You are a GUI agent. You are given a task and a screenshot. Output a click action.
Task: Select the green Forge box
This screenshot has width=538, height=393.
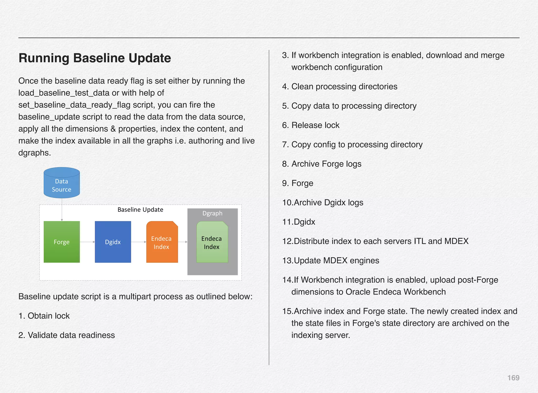click(62, 242)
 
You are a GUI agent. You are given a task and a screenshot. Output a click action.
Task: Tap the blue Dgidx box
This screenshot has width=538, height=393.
click(113, 242)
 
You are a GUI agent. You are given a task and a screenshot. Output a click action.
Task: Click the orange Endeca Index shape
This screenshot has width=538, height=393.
click(162, 242)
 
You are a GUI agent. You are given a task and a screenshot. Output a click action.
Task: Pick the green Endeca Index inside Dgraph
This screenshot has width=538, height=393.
click(212, 242)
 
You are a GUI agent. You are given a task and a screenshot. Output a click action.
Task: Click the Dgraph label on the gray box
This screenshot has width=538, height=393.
click(212, 213)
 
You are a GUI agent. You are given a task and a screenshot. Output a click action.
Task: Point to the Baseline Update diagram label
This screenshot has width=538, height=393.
click(140, 210)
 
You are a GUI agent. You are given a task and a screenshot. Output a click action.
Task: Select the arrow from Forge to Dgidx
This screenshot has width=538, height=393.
click(87, 242)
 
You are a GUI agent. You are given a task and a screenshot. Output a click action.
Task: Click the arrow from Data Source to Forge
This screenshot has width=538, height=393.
click(62, 209)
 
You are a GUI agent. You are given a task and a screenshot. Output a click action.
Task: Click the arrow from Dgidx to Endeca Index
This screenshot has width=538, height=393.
click(138, 242)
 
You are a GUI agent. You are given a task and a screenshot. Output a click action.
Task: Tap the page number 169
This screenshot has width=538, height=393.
click(513, 378)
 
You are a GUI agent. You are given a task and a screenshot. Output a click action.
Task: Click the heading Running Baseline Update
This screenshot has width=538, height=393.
click(95, 58)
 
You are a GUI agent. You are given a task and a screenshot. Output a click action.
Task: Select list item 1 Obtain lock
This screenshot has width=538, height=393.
click(44, 316)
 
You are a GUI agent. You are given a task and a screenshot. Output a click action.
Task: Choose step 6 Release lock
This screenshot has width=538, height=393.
click(311, 125)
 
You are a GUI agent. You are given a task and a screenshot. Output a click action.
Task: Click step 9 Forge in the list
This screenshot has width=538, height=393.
click(298, 183)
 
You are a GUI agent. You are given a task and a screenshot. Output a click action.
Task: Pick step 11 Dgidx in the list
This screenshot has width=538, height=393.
click(299, 222)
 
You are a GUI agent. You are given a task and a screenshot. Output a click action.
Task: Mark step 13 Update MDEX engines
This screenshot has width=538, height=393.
click(331, 261)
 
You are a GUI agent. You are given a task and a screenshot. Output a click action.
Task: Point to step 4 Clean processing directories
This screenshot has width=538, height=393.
click(340, 87)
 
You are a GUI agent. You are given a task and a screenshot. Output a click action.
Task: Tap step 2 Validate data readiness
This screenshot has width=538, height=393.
click(67, 335)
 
